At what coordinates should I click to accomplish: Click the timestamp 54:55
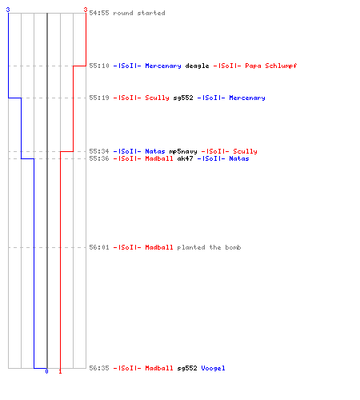coord(99,13)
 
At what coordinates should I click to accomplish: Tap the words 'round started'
coord(139,13)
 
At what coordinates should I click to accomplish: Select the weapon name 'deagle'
coord(197,66)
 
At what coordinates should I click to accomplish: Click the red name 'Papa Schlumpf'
coord(271,66)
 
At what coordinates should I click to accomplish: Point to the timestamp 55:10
coord(99,66)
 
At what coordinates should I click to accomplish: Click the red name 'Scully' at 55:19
coord(157,98)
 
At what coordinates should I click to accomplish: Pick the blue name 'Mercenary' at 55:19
coord(247,98)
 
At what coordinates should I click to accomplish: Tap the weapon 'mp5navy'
coord(183,151)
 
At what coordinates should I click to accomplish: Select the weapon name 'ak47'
coord(185,158)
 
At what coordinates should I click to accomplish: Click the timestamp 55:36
coord(99,158)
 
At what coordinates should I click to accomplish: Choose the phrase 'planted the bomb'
coord(209,247)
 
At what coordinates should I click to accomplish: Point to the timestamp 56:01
coord(99,247)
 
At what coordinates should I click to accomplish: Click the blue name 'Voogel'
coord(213,368)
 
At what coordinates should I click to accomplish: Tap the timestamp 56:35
coord(99,368)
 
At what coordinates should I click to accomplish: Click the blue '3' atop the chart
coord(8,10)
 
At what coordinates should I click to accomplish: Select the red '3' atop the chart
coord(86,10)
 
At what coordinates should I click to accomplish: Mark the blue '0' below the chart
coord(46,371)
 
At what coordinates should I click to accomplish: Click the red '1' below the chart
coord(60,371)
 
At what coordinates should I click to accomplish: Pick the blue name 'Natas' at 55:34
coord(155,151)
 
